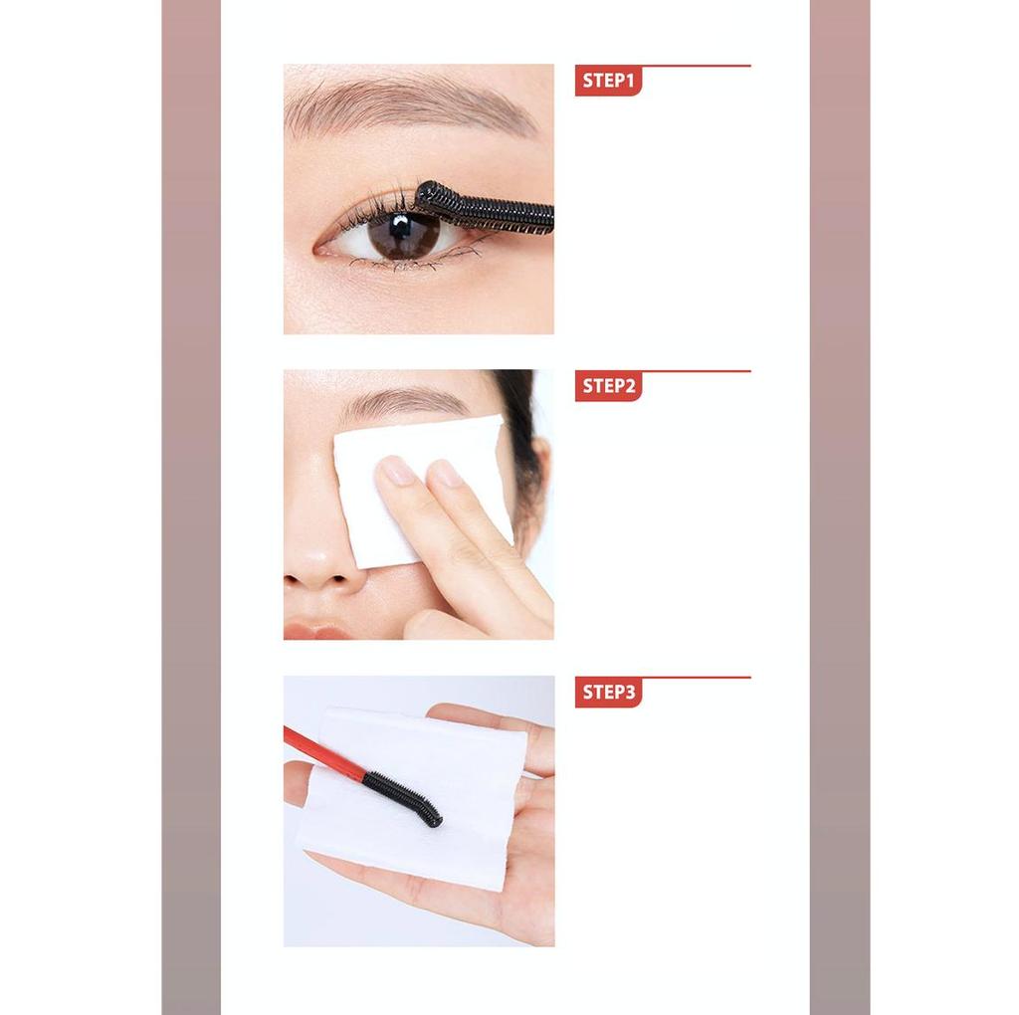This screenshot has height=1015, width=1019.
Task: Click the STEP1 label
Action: point(608,81)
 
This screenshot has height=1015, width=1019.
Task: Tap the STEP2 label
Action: point(608,386)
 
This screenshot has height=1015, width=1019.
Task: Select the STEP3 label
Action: point(608,692)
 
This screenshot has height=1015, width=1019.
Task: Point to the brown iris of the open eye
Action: point(403,235)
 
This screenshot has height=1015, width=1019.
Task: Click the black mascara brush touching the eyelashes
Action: point(486,208)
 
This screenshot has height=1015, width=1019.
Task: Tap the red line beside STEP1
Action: point(697,67)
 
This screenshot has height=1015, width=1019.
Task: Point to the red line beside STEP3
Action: point(697,678)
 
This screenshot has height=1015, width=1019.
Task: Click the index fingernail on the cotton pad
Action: point(397,470)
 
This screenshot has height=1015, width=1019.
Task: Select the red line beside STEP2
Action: point(697,372)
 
